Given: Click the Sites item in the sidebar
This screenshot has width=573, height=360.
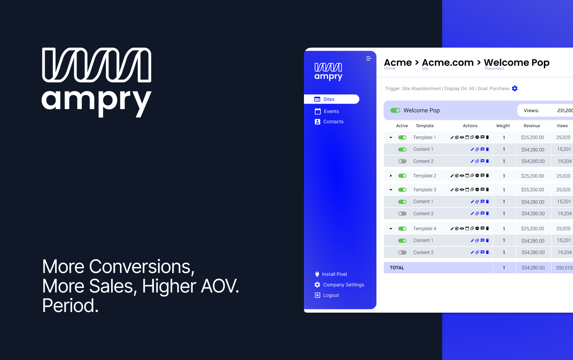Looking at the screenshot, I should click(329, 99).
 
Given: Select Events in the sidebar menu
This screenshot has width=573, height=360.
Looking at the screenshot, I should click(331, 111).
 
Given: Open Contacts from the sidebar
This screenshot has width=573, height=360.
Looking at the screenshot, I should click(333, 121).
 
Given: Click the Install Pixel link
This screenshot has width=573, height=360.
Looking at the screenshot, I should click(334, 274).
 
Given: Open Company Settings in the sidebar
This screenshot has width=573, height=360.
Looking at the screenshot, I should click(343, 285).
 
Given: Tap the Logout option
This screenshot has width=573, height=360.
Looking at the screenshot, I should click(331, 295).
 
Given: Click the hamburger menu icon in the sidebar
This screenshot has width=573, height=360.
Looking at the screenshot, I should click(368, 58).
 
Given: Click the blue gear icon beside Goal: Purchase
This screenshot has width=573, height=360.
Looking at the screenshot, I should click(515, 88).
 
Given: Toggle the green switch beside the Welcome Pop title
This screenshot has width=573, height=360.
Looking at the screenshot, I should click(395, 110).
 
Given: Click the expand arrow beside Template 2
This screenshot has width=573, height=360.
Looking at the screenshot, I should click(391, 176).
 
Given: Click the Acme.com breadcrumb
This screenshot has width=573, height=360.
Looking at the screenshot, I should click(448, 63).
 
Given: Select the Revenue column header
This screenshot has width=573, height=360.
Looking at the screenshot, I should click(532, 126).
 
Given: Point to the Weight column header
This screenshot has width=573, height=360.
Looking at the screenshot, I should click(503, 126).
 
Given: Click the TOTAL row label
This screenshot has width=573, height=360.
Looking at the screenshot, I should click(397, 268).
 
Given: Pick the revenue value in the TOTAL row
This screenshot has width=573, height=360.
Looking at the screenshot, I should click(532, 268).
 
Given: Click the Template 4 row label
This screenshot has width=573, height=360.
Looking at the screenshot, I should click(424, 229).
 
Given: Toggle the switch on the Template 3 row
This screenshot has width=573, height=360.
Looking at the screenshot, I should click(402, 190).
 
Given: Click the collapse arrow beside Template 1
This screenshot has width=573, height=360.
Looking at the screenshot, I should click(391, 138).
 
